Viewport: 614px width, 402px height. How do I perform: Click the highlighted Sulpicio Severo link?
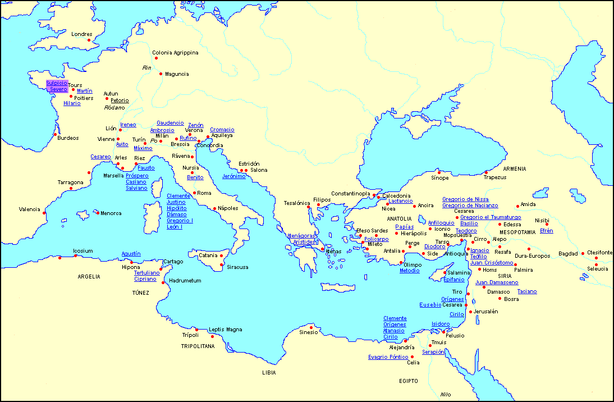tap(57, 86)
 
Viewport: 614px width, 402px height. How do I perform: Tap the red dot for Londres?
tap(89, 40)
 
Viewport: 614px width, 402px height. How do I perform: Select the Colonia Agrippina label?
tap(175, 53)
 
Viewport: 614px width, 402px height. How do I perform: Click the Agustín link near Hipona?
tap(131, 254)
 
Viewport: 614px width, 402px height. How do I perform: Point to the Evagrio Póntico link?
tap(388, 357)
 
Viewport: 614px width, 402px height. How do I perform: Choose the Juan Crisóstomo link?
tap(492, 263)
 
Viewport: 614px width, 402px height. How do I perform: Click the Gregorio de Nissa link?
tap(465, 199)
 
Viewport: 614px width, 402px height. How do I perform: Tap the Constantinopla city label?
tap(350, 194)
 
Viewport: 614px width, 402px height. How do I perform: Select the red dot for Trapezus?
tap(487, 172)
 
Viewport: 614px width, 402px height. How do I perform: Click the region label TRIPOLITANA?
tap(198, 346)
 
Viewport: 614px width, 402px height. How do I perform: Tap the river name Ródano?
tap(114, 107)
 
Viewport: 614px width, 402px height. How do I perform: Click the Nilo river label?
tap(446, 394)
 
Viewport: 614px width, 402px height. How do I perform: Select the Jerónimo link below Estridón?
tap(234, 176)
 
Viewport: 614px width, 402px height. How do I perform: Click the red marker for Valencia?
tap(44, 212)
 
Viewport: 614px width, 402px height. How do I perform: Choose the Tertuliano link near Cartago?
tap(146, 273)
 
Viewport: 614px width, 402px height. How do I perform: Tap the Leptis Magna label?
tap(225, 330)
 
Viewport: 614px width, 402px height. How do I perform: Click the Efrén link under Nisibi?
tap(546, 231)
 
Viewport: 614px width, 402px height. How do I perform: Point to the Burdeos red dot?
tap(55, 135)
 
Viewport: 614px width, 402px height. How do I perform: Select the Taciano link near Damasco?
tap(527, 291)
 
